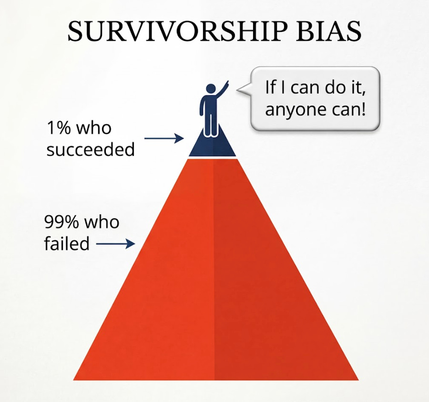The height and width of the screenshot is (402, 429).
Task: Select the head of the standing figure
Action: click(x=210, y=89)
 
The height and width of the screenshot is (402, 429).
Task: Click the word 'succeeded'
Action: click(x=91, y=150)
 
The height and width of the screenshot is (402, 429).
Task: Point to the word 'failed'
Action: click(x=67, y=243)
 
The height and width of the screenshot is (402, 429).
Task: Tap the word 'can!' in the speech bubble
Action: click(x=351, y=110)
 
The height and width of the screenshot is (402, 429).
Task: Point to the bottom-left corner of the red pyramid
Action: click(x=75, y=379)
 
